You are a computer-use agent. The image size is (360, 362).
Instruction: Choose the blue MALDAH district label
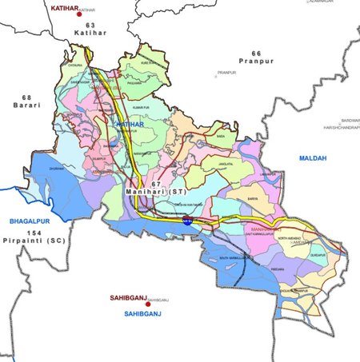click(313, 158)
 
